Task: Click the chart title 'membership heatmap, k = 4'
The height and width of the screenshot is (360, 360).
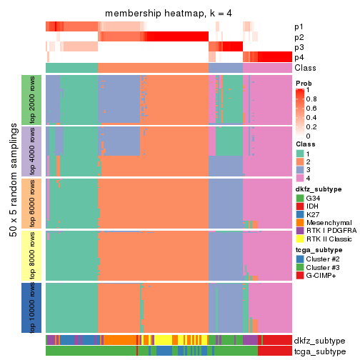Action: click(169, 14)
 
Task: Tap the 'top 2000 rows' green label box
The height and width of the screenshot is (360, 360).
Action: click(31, 99)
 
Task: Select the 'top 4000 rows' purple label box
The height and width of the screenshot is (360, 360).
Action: click(31, 151)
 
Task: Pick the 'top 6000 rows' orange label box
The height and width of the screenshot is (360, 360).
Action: click(31, 203)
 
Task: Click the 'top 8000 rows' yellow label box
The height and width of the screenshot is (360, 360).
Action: click(31, 255)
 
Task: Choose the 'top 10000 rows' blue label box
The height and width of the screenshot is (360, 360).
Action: click(31, 307)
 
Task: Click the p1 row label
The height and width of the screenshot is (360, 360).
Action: click(299, 27)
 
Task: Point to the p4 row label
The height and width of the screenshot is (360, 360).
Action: click(299, 57)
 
